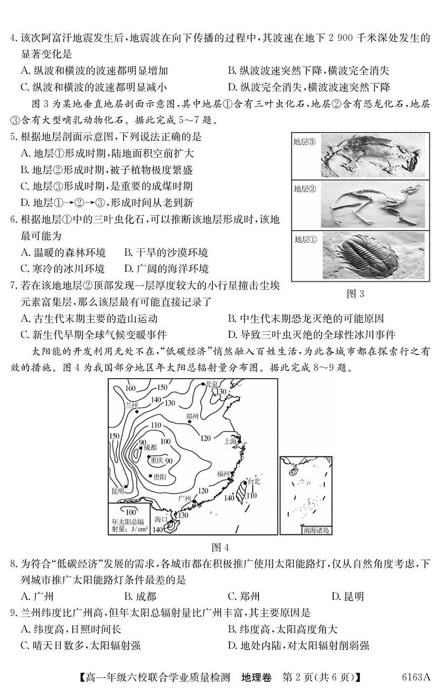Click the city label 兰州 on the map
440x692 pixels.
tap(131, 405)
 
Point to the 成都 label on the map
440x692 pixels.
tap(150, 448)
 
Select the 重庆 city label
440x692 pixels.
tap(156, 460)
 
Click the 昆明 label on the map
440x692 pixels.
tap(117, 491)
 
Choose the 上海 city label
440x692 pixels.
tap(230, 441)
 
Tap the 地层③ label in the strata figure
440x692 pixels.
tap(304, 142)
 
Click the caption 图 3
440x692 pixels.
tap(360, 294)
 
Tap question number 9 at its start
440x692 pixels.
tap(14, 613)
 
